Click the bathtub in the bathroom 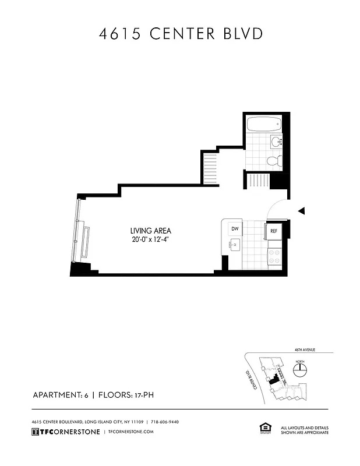click(264, 123)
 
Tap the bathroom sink click(276, 140)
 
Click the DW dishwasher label click(235, 228)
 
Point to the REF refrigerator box click(273, 232)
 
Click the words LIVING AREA click(150, 230)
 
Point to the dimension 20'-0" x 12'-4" click(151, 239)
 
